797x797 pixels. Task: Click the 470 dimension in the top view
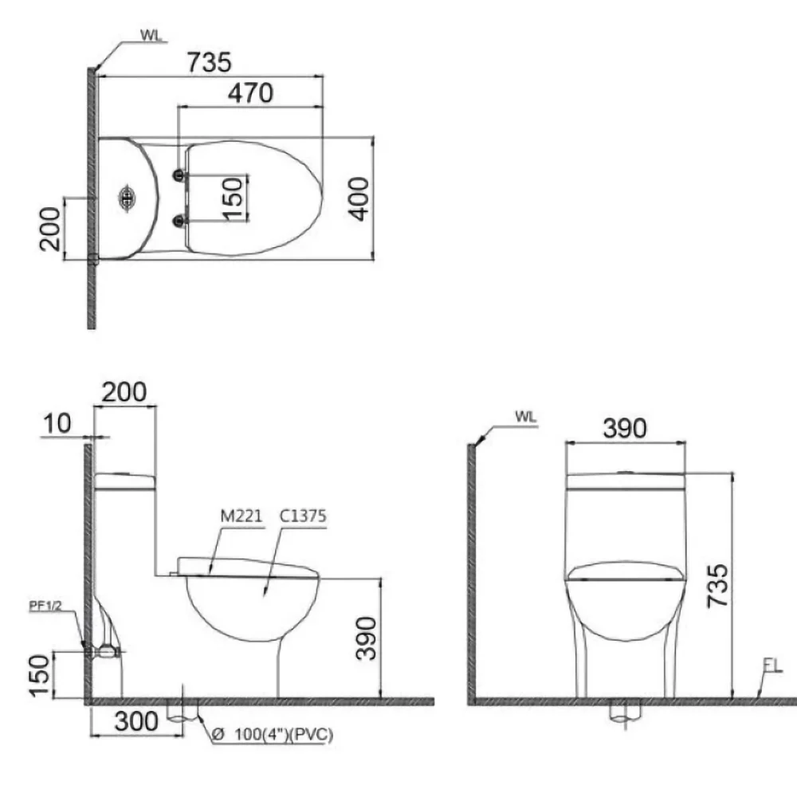(x=250, y=93)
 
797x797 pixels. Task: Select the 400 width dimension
(x=359, y=198)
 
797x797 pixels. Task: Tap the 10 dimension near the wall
(x=57, y=423)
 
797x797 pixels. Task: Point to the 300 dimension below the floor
(x=136, y=721)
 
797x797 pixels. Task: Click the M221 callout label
(x=241, y=516)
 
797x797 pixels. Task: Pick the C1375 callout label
(x=303, y=516)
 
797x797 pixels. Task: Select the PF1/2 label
(x=45, y=606)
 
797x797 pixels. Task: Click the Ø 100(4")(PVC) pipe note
(x=273, y=734)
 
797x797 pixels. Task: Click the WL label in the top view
(x=151, y=35)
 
